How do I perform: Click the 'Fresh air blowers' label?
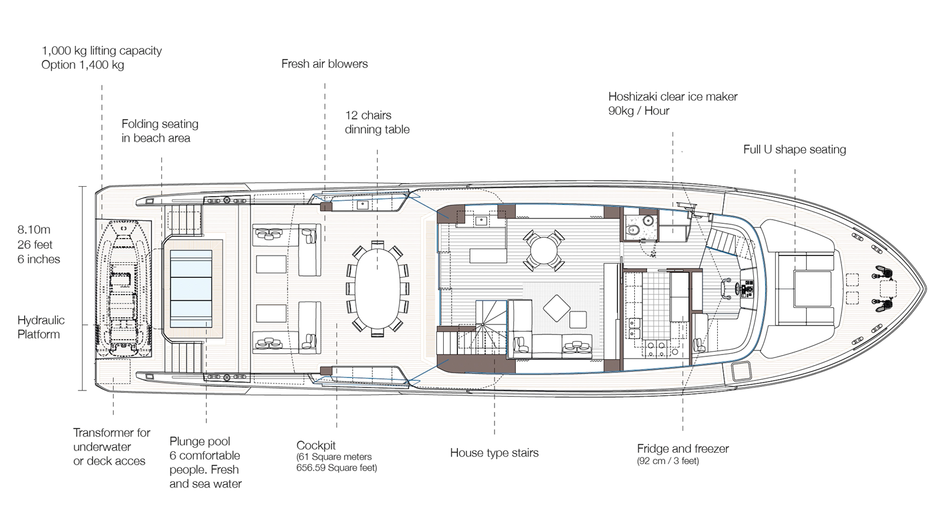click(325, 64)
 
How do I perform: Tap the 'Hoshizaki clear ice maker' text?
click(672, 97)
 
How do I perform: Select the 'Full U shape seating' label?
click(794, 150)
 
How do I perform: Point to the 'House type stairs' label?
click(494, 453)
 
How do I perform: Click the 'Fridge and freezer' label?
click(683, 449)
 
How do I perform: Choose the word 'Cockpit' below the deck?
click(316, 445)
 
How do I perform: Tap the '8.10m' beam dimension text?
click(34, 230)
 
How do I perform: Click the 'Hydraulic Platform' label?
click(41, 327)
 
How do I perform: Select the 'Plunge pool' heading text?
click(200, 441)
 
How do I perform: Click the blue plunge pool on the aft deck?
click(191, 289)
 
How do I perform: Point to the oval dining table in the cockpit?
click(378, 289)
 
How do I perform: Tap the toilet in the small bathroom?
click(632, 229)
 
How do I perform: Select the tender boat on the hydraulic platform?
click(123, 289)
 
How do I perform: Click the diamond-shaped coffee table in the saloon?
click(556, 309)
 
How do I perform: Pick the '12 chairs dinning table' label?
click(377, 122)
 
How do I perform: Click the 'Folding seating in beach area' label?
click(160, 131)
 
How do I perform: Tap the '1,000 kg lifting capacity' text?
click(101, 51)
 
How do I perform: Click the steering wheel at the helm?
click(727, 289)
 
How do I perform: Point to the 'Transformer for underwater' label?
click(111, 439)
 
